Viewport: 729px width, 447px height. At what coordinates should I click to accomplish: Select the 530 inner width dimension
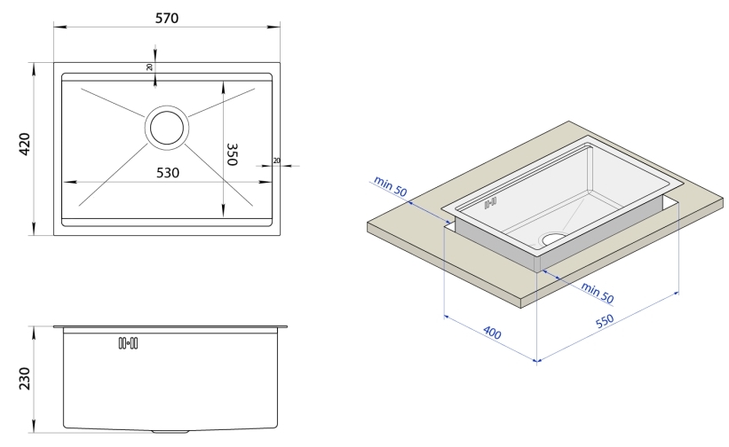165,172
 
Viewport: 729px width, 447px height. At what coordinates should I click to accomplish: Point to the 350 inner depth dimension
233,159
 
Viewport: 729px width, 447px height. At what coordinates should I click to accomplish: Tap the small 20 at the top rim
149,67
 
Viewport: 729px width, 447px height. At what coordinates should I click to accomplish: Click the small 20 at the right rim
276,161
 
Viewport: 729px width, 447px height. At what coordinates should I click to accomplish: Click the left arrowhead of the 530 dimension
65,181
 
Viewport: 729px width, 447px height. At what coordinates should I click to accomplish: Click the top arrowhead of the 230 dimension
36,329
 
